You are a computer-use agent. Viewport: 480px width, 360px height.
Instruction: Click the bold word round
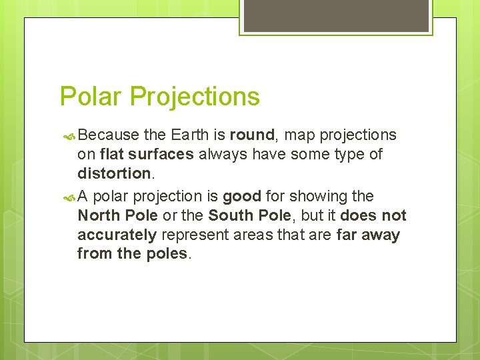tap(252, 135)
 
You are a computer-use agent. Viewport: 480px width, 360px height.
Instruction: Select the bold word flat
tap(112, 155)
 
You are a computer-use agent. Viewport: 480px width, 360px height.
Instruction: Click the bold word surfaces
tap(161, 155)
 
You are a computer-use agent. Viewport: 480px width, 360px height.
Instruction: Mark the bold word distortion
tap(113, 173)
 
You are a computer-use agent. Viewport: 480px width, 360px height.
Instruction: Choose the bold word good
tap(241, 197)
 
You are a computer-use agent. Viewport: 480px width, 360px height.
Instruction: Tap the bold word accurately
tap(117, 235)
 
